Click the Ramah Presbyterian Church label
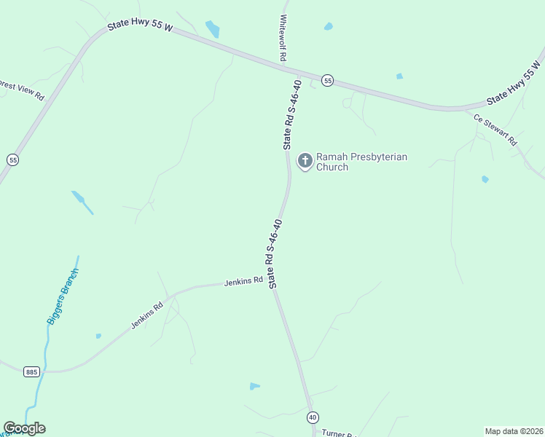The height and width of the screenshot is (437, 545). [361, 162]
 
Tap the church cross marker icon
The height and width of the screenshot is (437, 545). [305, 160]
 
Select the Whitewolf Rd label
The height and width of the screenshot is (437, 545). [283, 38]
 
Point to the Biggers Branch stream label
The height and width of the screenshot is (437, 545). [63, 296]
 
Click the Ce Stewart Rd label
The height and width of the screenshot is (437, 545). [495, 130]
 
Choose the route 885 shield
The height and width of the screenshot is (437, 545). [31, 371]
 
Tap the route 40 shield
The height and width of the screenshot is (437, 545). [313, 417]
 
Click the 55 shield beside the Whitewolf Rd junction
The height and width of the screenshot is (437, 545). [328, 81]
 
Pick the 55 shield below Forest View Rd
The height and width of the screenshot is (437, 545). [12, 160]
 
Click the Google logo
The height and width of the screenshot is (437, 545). [24, 428]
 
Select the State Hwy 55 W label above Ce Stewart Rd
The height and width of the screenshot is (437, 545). [516, 86]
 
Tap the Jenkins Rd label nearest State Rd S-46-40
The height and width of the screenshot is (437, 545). [243, 281]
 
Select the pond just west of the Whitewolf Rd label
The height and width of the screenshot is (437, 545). [213, 29]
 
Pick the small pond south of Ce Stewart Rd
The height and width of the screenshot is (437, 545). [485, 179]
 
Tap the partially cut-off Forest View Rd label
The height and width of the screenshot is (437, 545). [22, 91]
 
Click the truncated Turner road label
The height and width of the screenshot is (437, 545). [338, 434]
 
